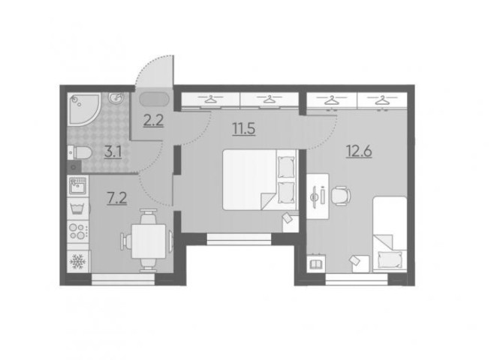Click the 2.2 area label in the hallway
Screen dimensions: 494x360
[153, 121]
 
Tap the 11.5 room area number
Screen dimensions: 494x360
[243, 129]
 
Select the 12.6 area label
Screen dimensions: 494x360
[359, 151]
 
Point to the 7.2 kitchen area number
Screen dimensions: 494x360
[117, 198]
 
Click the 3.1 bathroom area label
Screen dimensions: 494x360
[113, 152]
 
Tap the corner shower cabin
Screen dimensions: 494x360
[83, 109]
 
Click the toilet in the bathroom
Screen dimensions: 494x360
[80, 153]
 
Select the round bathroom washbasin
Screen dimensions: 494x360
[116, 97]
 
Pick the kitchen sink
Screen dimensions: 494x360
[77, 186]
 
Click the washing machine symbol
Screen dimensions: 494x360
[78, 208]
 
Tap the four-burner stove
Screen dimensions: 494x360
[78, 231]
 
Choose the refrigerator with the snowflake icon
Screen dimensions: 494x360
[78, 261]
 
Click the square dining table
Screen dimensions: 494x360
[149, 241]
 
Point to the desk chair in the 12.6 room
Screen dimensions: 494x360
[341, 196]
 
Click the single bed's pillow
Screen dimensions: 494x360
[390, 259]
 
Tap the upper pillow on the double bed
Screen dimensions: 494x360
[286, 167]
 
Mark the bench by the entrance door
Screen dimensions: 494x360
[155, 100]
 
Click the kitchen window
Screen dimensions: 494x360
[123, 279]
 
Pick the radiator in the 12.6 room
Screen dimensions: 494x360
[315, 263]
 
